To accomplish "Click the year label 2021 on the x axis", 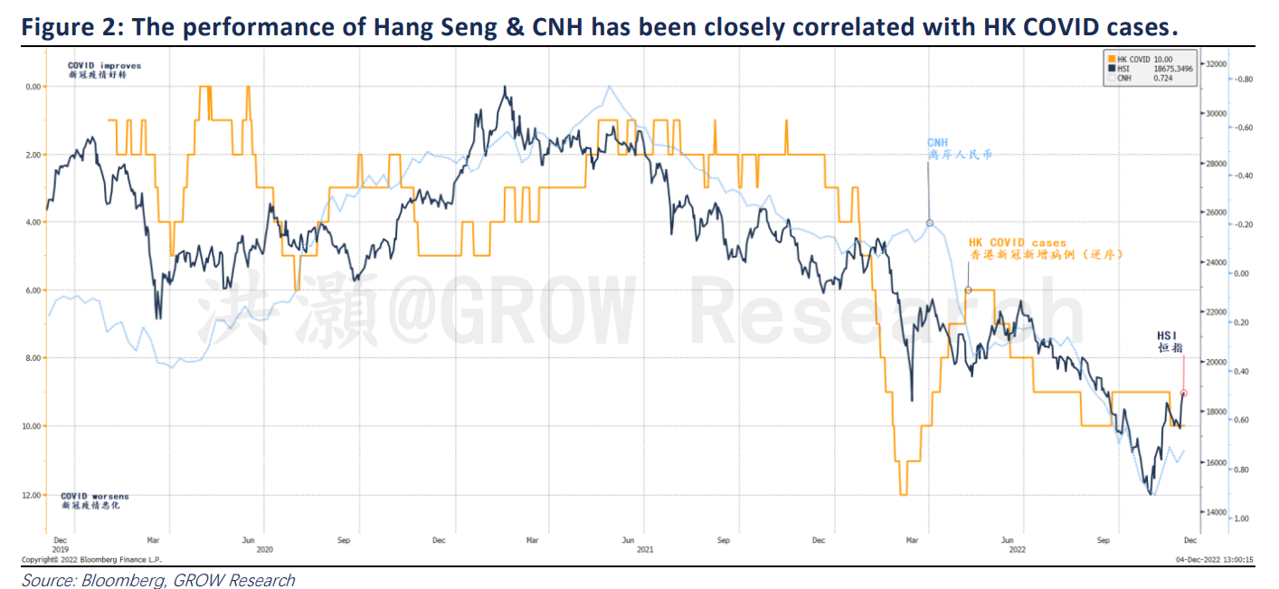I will click(645, 549).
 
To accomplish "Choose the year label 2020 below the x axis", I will click(264, 549).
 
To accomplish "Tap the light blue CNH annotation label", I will click(937, 143).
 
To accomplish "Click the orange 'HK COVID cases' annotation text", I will click(1017, 242).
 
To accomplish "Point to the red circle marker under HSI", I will click(1183, 394).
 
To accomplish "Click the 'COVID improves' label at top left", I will click(104, 66).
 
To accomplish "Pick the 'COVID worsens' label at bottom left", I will click(94, 497).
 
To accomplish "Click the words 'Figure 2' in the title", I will click(68, 27).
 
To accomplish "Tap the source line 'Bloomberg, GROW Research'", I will click(158, 580).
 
